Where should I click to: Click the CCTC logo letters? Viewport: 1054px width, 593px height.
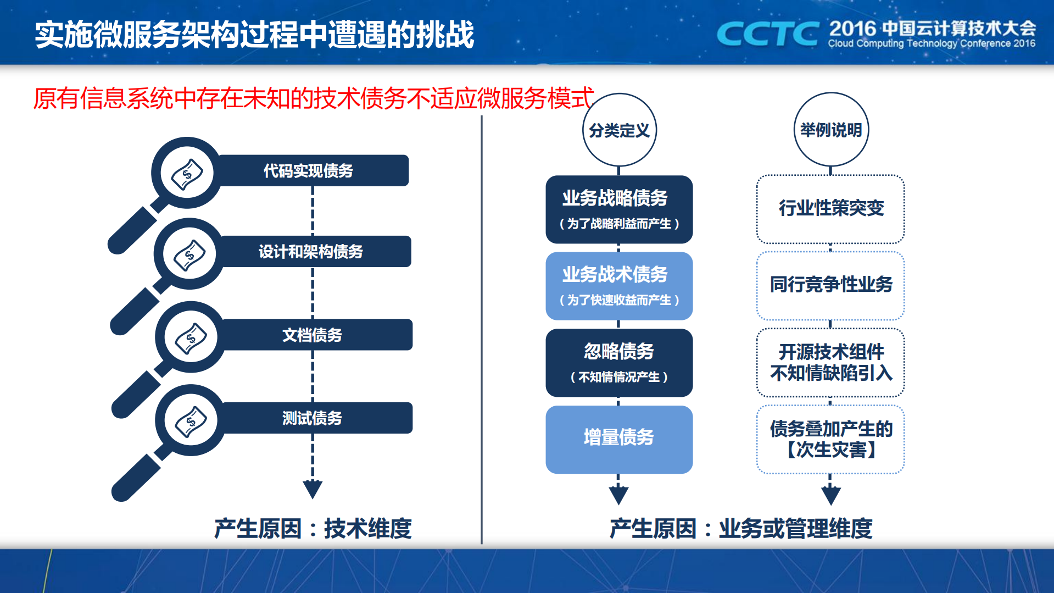tap(768, 34)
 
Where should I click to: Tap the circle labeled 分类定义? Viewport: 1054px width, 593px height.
tap(619, 130)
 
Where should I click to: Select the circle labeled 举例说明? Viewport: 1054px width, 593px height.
tap(830, 130)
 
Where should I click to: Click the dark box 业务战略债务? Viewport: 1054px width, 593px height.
tap(619, 209)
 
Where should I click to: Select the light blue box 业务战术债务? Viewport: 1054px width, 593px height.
tap(619, 286)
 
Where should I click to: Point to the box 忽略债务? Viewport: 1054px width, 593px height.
tap(619, 363)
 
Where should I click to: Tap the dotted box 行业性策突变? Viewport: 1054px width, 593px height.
tap(830, 209)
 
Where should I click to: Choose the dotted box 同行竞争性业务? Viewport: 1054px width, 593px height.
tap(830, 285)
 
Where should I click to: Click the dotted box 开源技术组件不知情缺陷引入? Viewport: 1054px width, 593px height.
tap(830, 362)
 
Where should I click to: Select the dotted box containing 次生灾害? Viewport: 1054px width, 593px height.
tap(830, 439)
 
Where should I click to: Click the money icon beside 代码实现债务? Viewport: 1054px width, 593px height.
tap(187, 174)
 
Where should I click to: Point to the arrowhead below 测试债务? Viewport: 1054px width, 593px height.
tap(313, 488)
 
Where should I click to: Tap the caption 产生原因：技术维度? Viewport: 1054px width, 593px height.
tap(313, 529)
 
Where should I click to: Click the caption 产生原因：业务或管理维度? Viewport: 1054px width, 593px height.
tap(741, 529)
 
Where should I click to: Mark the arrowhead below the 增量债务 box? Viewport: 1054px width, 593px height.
tap(618, 495)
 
